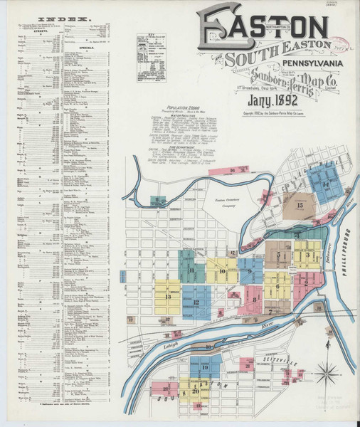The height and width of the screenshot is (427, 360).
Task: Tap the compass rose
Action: point(327,371)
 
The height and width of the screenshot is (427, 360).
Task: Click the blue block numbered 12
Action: point(196,302)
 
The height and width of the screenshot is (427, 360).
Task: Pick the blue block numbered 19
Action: point(205,367)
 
